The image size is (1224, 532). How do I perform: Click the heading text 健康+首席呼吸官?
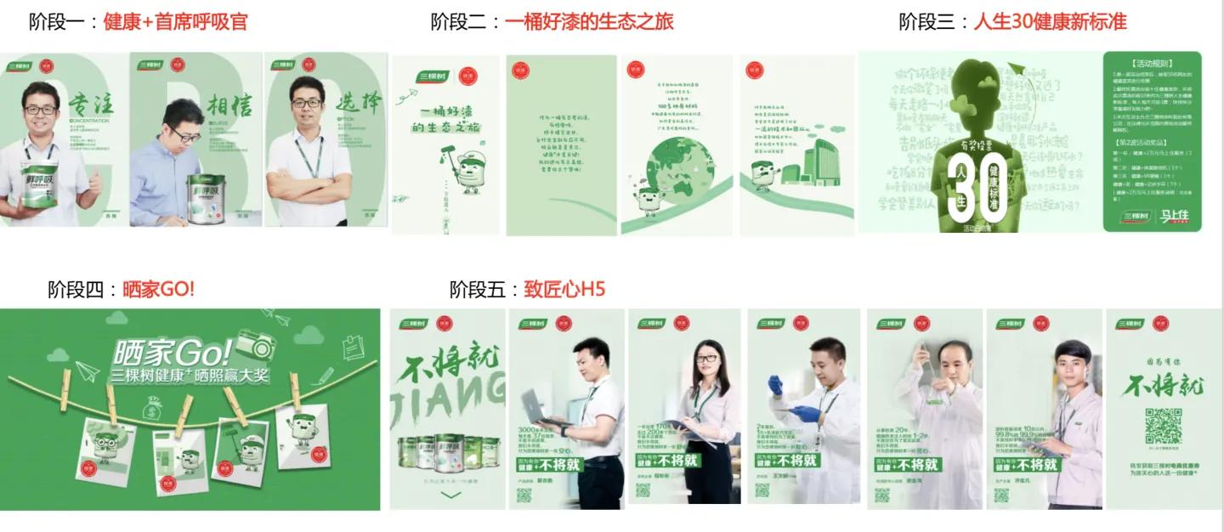click(x=175, y=22)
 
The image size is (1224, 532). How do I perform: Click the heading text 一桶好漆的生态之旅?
click(x=588, y=22)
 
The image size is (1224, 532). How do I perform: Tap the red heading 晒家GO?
click(x=159, y=289)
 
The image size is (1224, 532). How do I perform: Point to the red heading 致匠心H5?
click(x=564, y=289)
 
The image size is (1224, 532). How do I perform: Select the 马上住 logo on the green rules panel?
click(x=1174, y=218)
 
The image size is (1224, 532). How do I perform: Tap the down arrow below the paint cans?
click(x=450, y=495)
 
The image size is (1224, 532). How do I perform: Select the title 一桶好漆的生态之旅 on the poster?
click(x=444, y=119)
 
